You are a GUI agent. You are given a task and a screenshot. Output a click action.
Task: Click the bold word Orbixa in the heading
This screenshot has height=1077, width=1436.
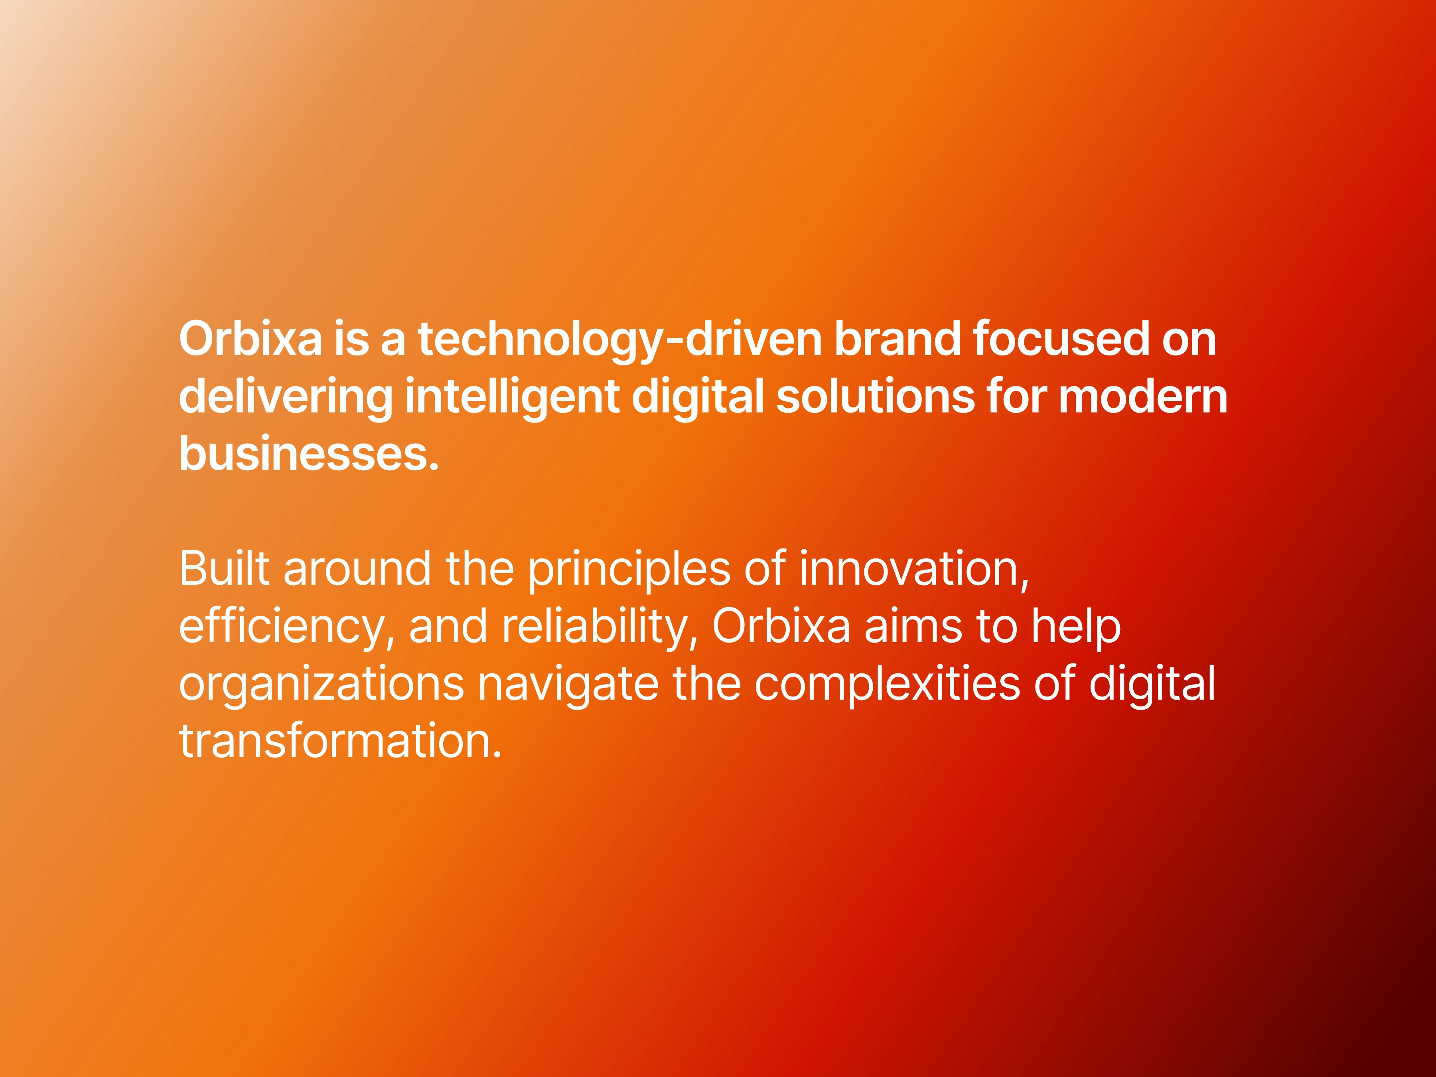pos(251,339)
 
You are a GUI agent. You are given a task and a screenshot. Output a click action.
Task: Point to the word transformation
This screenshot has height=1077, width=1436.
pos(341,742)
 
